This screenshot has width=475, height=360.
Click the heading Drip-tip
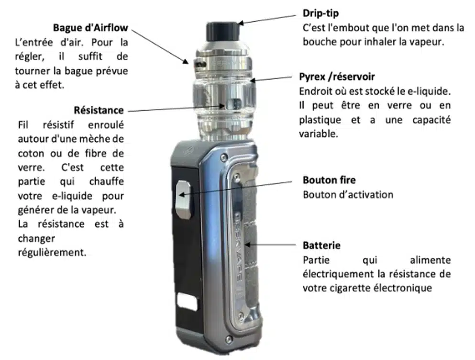tap(320, 13)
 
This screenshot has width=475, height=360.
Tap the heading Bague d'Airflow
tap(90, 28)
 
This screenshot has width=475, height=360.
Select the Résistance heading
tap(99, 110)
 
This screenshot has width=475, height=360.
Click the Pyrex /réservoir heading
tap(337, 77)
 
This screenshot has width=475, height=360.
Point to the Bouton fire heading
tap(329, 180)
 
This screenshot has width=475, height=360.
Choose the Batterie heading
tap(321, 246)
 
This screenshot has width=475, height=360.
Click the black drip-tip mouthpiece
tap(222, 31)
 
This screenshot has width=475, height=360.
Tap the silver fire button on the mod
tap(184, 199)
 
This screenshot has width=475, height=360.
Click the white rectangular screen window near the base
tap(187, 302)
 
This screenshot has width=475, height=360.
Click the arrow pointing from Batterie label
tap(270, 245)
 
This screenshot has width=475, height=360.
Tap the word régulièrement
tap(52, 253)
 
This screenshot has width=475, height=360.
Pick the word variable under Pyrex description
tap(318, 134)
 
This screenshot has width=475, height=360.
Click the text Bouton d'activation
tap(348, 195)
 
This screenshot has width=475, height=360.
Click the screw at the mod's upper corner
tap(224, 157)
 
